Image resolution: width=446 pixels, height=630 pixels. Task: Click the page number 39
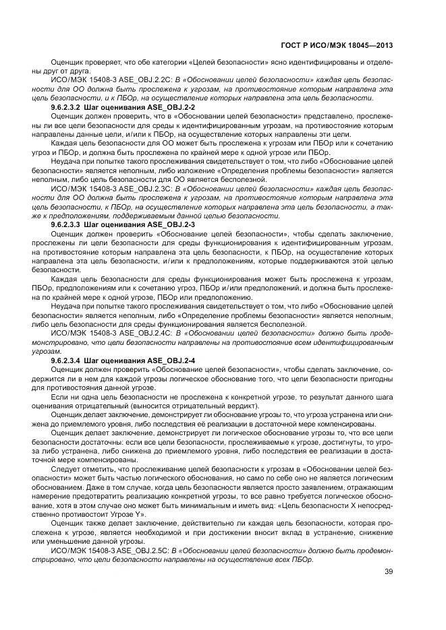tap(389, 573)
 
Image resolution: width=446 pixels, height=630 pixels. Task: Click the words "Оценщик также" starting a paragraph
tap(76, 523)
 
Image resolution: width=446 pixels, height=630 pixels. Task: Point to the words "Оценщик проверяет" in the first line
tap(79, 62)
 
